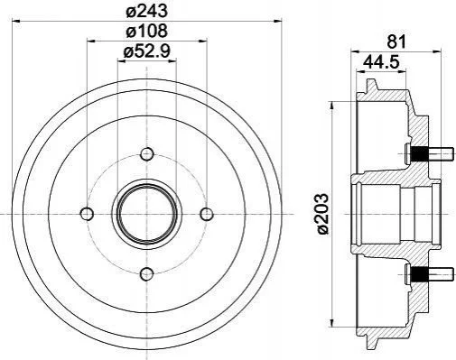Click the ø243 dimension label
click(146, 12)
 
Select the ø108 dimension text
click(146, 31)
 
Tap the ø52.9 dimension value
click(146, 51)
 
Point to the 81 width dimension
click(396, 42)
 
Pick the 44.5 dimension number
click(381, 62)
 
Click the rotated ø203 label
click(323, 214)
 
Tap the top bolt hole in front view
click(147, 154)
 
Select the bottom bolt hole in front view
click(147, 273)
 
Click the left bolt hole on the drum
click(87, 214)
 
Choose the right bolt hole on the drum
click(207, 214)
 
